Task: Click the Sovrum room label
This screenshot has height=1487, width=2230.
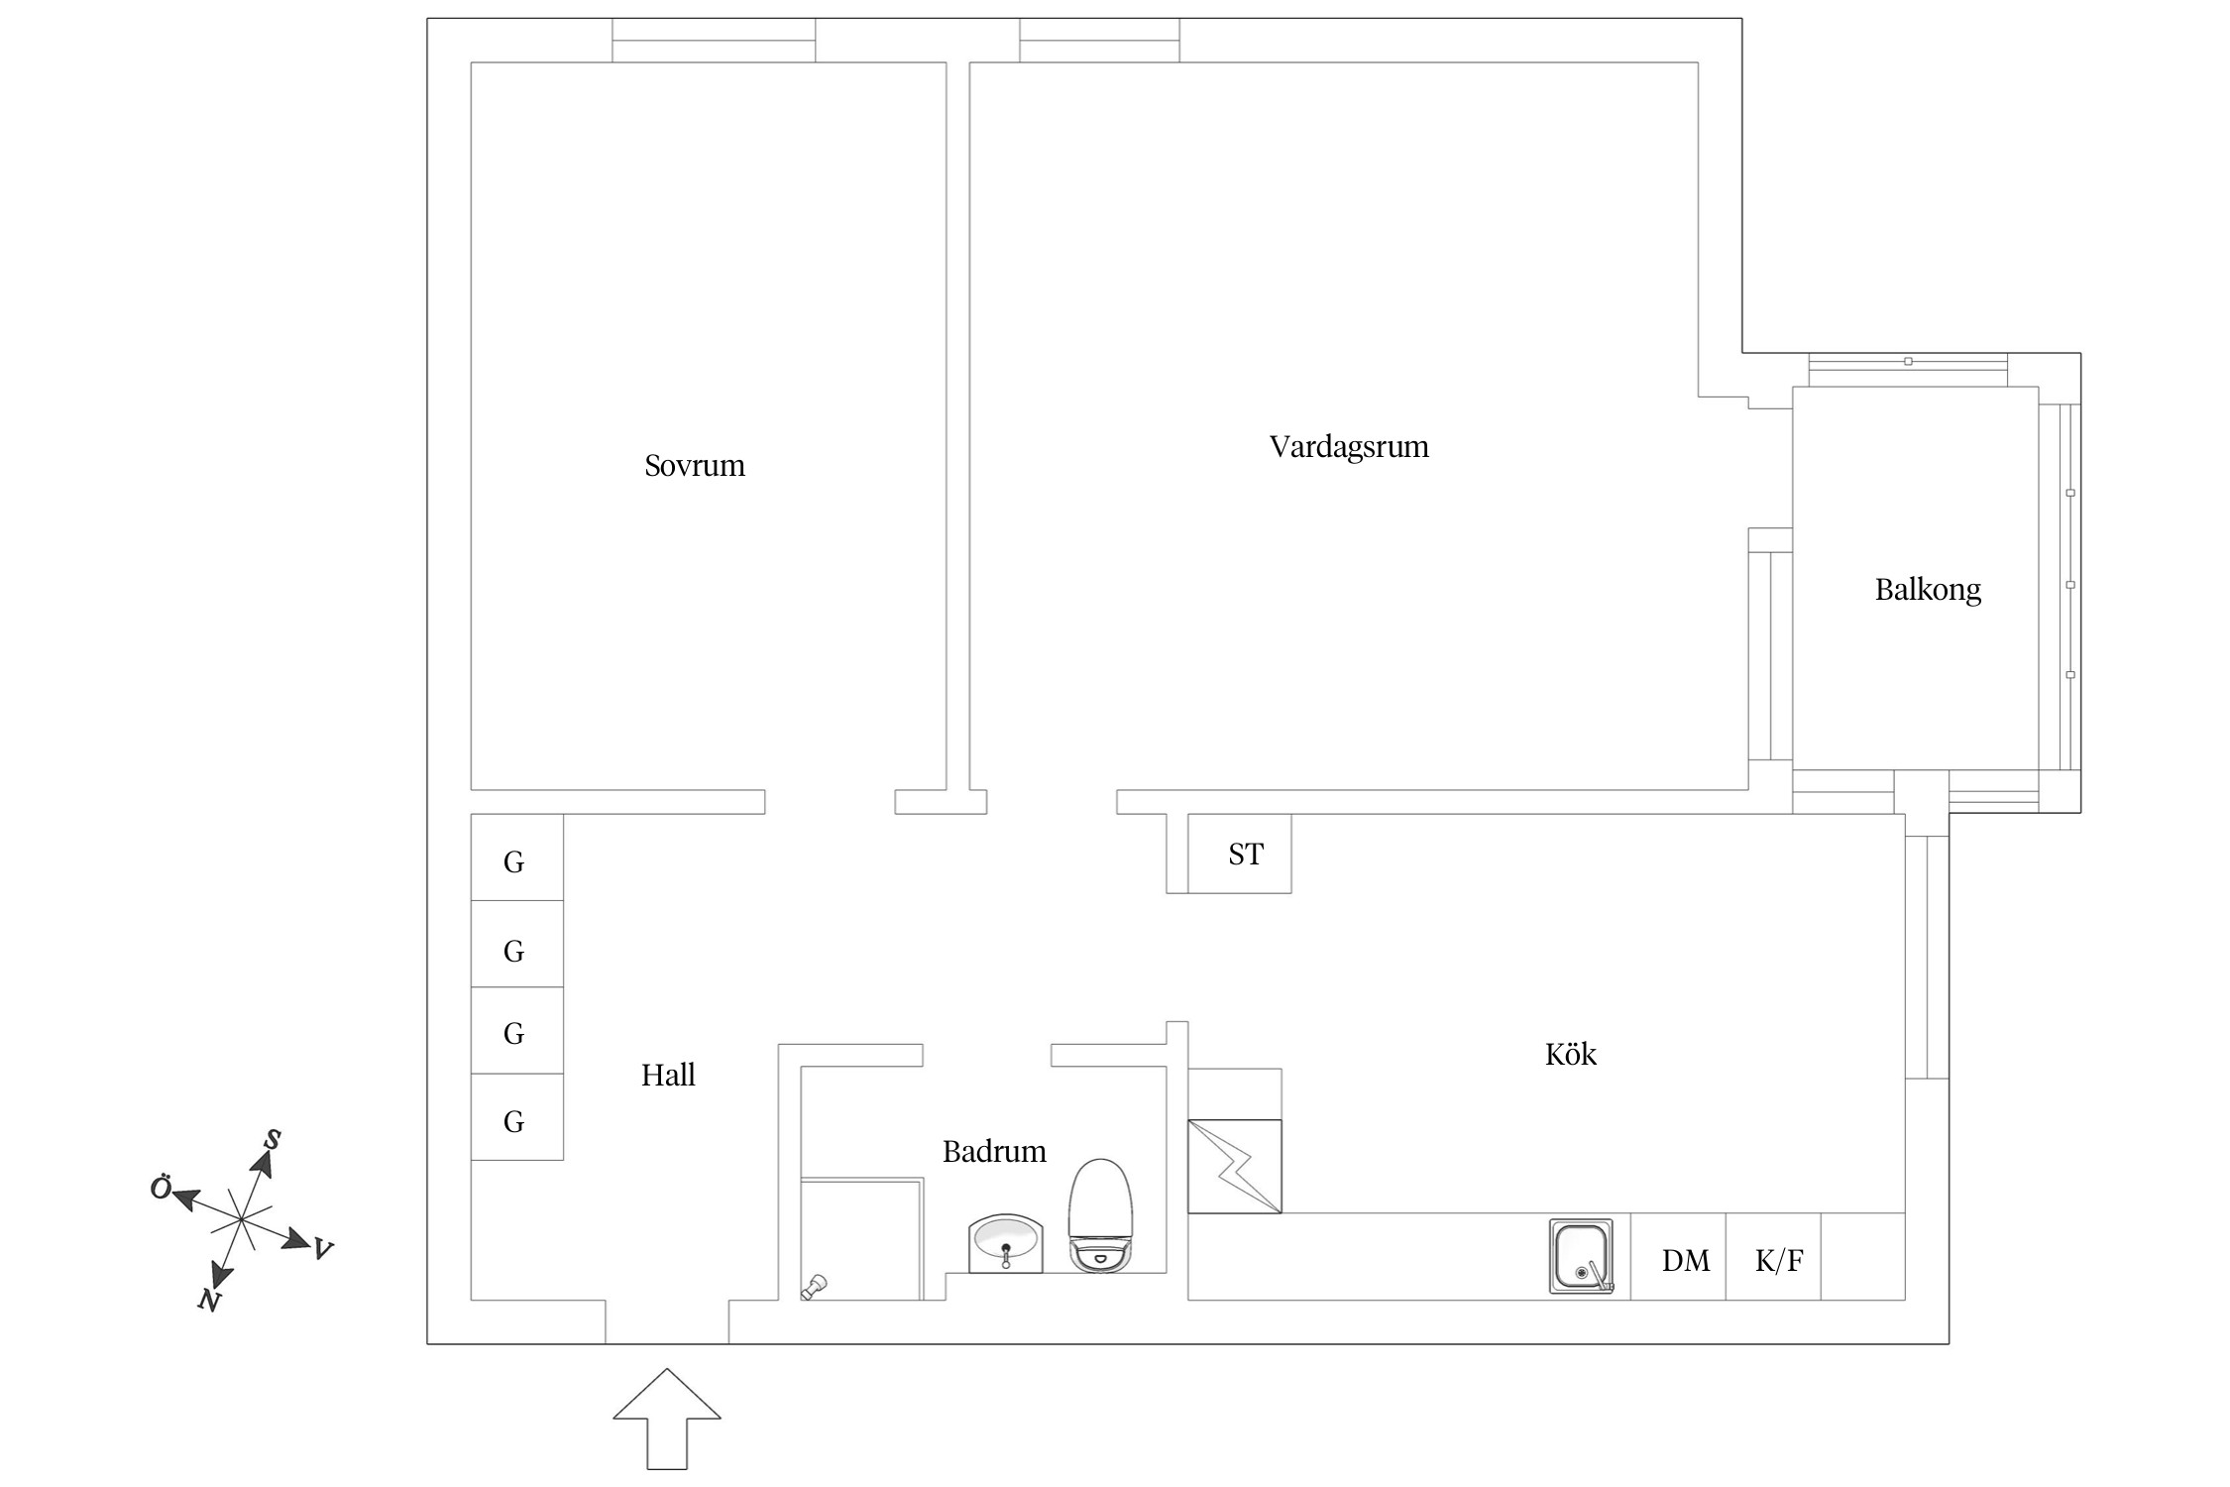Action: [x=694, y=465]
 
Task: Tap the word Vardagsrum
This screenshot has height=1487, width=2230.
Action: [x=1348, y=446]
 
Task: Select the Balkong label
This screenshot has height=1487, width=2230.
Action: [x=1927, y=590]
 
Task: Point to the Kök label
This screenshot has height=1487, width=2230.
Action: [x=1570, y=1054]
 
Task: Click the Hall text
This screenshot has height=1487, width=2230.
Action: [x=667, y=1075]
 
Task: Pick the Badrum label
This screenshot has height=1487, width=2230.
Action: [x=993, y=1151]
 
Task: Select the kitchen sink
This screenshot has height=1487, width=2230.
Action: [x=1580, y=1256]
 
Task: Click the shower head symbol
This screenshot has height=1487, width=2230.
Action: [x=813, y=1288]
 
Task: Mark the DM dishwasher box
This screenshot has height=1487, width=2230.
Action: [x=1685, y=1260]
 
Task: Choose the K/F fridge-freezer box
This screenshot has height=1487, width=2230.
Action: [x=1778, y=1260]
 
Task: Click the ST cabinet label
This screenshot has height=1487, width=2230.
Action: [x=1245, y=854]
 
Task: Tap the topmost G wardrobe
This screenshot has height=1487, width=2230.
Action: [x=514, y=860]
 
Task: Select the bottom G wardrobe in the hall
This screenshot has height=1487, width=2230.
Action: [x=514, y=1121]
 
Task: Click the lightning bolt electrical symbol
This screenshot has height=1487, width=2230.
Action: [x=1235, y=1166]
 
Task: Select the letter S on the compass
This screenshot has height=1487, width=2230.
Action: [x=272, y=1140]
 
